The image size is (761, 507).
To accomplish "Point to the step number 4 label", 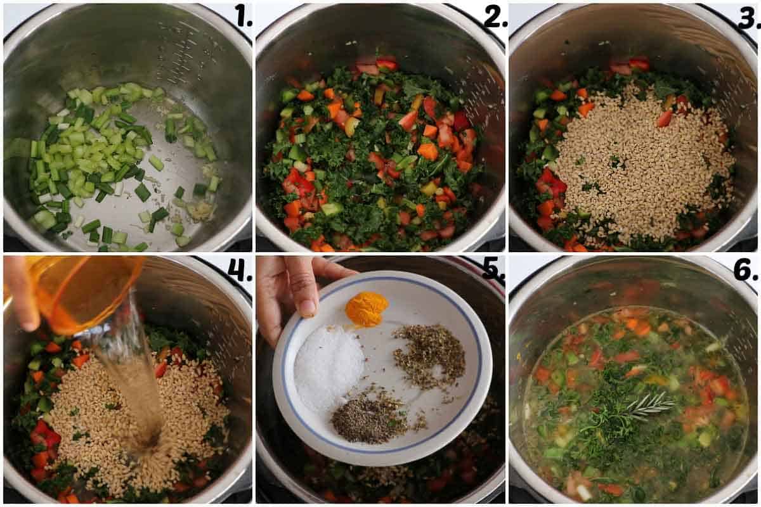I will coord(240,271).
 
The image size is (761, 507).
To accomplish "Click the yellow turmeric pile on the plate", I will coord(367,308).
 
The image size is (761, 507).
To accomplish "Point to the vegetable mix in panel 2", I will coord(374,158).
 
